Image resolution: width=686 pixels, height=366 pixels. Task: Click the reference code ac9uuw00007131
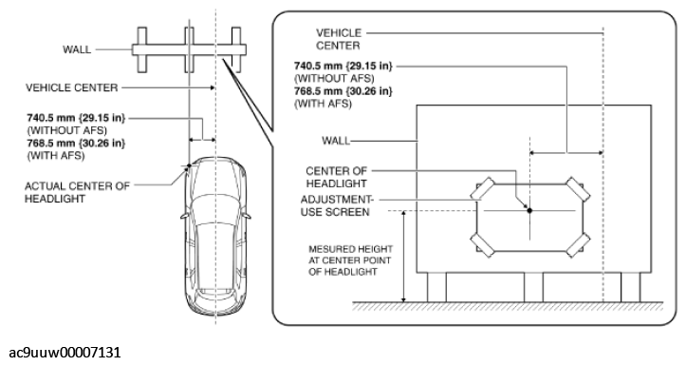coord(65,352)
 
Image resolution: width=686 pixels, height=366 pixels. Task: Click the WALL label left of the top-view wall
coord(77,49)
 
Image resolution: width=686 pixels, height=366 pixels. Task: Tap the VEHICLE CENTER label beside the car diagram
coord(72,87)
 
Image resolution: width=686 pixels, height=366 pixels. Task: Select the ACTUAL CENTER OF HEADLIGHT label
coord(77,192)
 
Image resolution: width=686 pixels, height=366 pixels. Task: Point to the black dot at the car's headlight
coord(189,165)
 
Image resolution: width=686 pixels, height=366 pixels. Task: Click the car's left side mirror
coord(184,216)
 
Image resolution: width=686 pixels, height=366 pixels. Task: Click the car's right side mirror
coord(247,216)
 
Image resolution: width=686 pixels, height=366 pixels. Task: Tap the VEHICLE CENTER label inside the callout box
coord(339,39)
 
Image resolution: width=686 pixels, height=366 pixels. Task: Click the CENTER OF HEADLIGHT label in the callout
coord(337,177)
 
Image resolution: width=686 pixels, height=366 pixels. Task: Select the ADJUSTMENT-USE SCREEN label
coord(337,205)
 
